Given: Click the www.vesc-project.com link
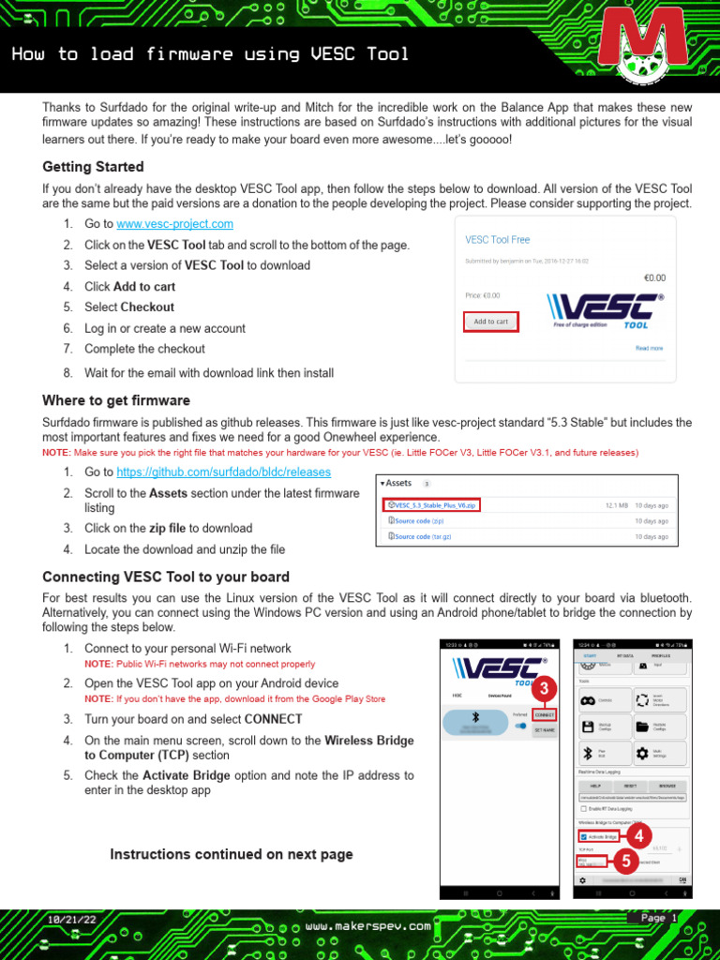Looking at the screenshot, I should (174, 224).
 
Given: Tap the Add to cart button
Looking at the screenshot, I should (490, 322).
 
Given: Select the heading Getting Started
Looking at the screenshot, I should (93, 167).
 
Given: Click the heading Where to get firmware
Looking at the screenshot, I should (116, 400).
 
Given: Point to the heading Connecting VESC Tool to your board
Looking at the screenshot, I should (166, 577).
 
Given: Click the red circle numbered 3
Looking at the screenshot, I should (542, 689).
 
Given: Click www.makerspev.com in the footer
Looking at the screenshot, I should (368, 925).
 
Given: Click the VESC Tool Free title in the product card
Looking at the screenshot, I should (497, 240).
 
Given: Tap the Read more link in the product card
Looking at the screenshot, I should (649, 348).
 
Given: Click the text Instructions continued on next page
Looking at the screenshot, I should (232, 854).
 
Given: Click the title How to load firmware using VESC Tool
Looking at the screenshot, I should (210, 54).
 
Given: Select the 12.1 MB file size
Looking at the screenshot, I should (616, 504).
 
